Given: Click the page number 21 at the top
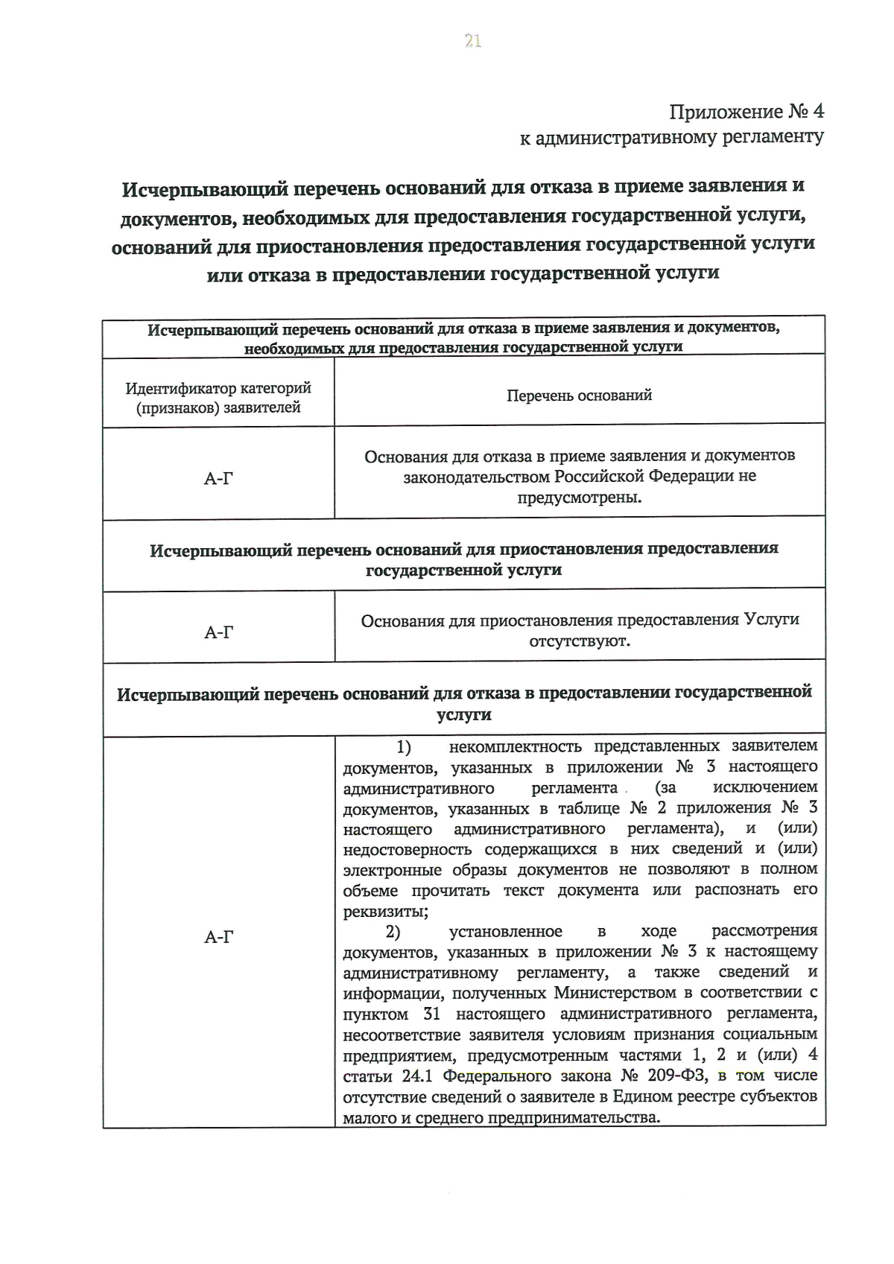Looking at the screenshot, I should click(x=472, y=42).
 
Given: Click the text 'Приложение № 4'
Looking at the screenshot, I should click(x=746, y=112).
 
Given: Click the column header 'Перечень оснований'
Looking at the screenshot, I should click(x=579, y=396).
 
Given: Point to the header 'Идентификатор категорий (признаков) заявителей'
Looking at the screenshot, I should click(x=218, y=398).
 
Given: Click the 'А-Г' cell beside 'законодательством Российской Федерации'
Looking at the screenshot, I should click(x=218, y=478).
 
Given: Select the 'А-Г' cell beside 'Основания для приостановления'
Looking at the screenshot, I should click(x=218, y=632).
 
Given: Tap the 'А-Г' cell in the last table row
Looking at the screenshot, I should click(x=218, y=937).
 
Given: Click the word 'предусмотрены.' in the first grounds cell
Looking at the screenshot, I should click(x=579, y=497).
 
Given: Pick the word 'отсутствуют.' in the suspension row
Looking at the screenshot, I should click(x=579, y=641).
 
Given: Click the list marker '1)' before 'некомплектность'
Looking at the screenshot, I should click(x=403, y=746).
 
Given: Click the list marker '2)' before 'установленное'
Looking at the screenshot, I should click(x=393, y=931).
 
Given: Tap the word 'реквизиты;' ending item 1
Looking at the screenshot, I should click(x=385, y=912).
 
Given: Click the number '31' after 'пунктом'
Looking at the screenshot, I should click(x=431, y=1014).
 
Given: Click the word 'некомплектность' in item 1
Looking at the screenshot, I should click(x=515, y=746).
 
